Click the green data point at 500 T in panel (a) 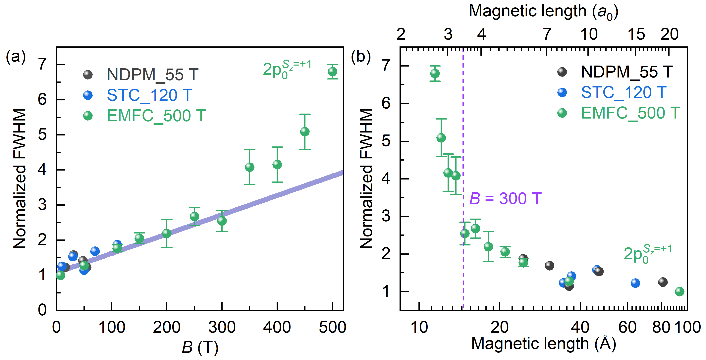tap(332, 72)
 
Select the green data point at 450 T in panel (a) tap(305, 132)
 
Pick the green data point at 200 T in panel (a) tap(167, 233)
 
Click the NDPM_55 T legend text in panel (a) tap(152, 75)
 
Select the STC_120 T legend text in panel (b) tap(624, 93)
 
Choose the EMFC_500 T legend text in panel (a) tap(156, 116)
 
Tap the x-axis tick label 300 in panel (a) tap(222, 327)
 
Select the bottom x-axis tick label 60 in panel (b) tap(627, 327)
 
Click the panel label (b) tap(361, 57)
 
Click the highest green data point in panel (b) tap(435, 74)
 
